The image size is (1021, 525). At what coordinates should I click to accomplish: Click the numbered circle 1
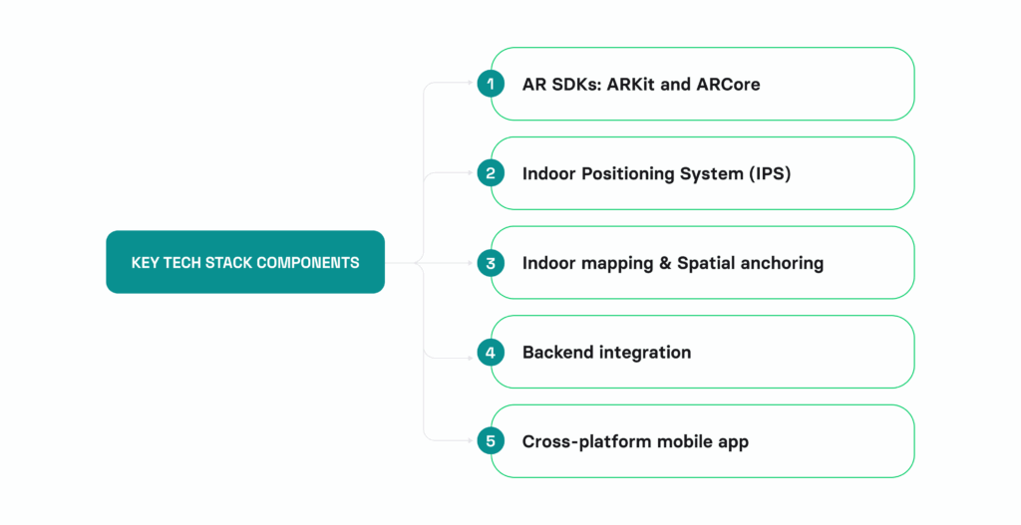click(x=491, y=84)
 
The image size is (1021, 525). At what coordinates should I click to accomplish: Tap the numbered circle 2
click(x=491, y=173)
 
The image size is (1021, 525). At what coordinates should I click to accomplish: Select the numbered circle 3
click(x=491, y=263)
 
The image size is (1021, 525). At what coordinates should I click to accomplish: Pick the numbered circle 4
click(x=491, y=352)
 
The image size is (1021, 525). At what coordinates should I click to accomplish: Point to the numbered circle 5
click(x=491, y=441)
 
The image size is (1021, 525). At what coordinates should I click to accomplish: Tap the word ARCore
click(x=728, y=84)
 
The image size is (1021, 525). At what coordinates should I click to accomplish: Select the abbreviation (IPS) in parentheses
click(x=770, y=173)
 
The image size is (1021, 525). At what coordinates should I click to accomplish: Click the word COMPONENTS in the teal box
click(x=309, y=263)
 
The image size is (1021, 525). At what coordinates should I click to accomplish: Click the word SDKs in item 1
click(x=574, y=84)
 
